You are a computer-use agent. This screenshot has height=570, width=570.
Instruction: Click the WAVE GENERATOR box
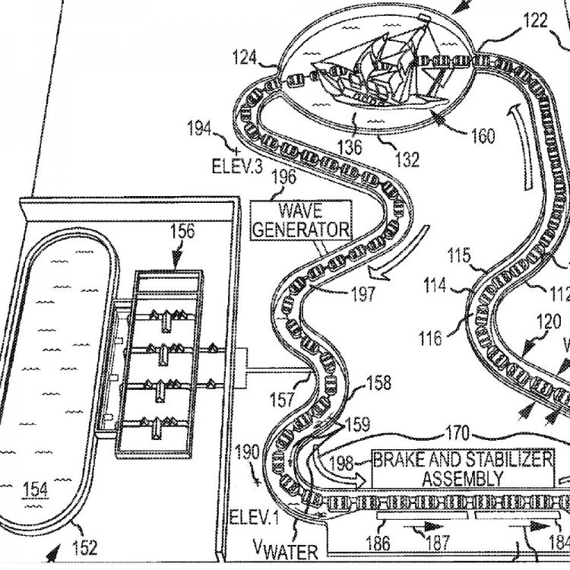click(x=302, y=220)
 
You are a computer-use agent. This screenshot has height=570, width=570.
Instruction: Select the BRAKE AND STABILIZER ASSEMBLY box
click(x=462, y=468)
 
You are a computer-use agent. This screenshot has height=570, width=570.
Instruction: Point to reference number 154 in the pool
click(x=36, y=489)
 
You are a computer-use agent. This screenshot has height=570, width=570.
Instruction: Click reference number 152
click(x=84, y=546)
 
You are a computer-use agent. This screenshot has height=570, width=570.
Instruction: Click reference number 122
click(x=535, y=21)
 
